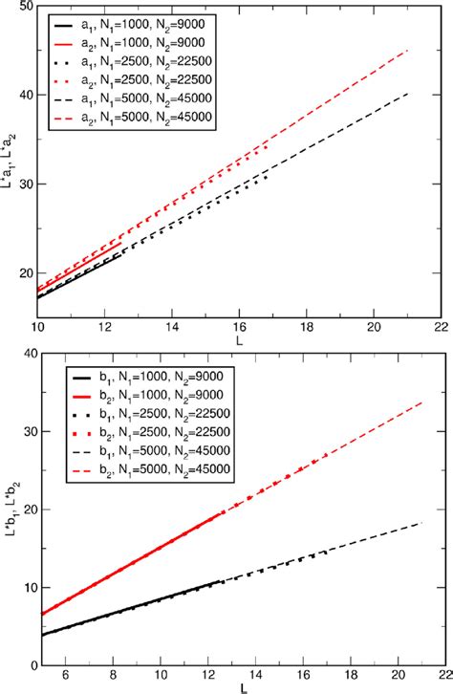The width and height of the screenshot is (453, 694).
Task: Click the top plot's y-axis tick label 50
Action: (x=22, y=8)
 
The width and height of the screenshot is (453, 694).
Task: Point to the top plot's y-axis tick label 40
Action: (x=22, y=96)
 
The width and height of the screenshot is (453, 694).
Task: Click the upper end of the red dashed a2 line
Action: (x=408, y=50)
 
